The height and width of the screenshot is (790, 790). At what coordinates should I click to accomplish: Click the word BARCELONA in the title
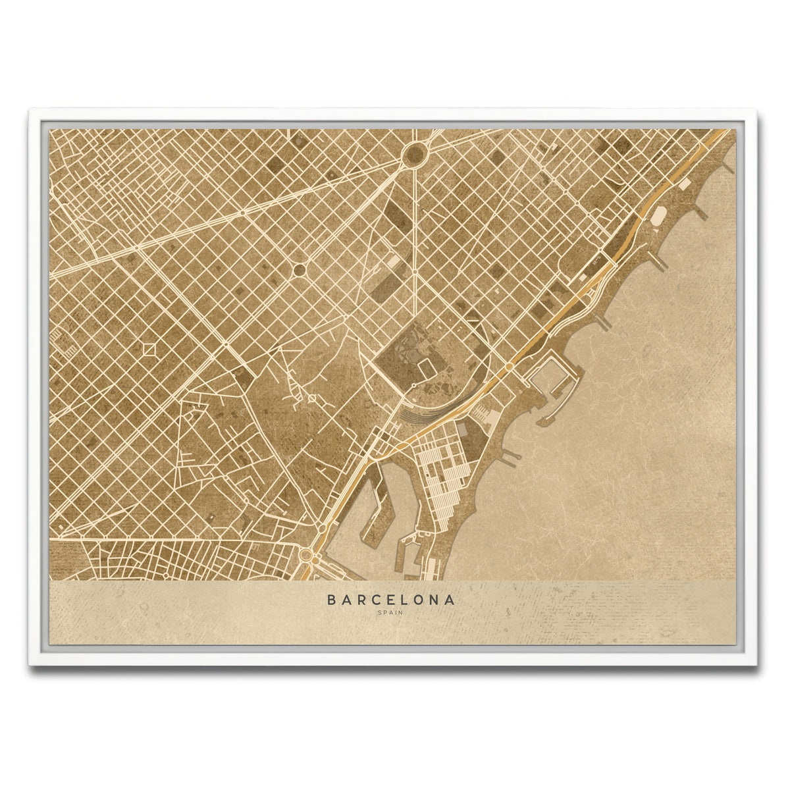click(x=390, y=600)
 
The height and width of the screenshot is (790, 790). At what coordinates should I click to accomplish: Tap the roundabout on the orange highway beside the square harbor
click(x=509, y=367)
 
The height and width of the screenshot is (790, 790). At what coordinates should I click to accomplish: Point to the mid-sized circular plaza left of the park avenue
click(x=298, y=269)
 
